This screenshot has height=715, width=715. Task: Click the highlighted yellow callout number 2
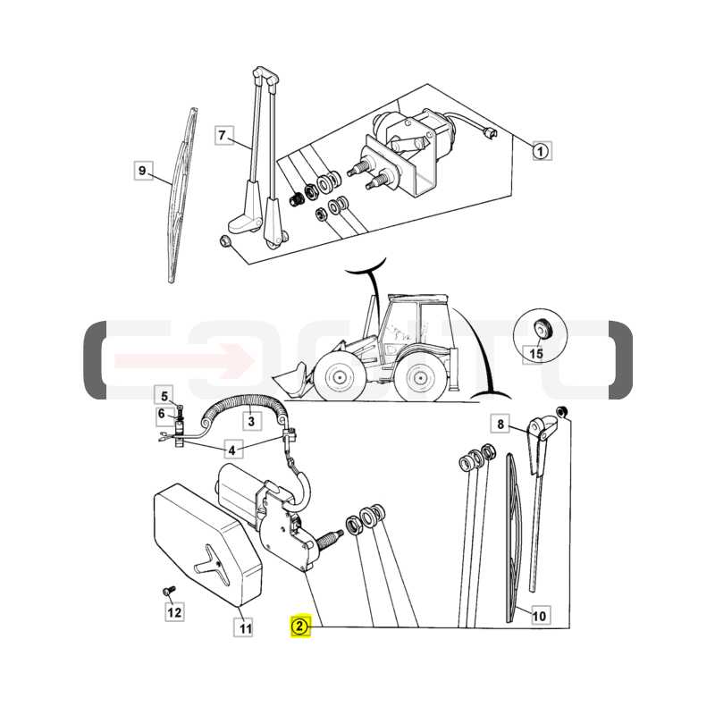coord(301,627)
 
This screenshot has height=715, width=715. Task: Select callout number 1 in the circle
coord(541,151)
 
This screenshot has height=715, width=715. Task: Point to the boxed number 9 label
coord(143,171)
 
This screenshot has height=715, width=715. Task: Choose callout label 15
coord(536,353)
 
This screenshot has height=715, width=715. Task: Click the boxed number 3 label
coord(251,421)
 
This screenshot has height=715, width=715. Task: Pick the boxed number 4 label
coord(232,450)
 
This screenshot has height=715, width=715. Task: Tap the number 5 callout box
coord(164,396)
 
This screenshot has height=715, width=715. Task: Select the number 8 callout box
coord(500,424)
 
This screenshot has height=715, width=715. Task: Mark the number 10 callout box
coord(539,616)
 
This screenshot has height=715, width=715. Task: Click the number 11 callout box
coord(245,629)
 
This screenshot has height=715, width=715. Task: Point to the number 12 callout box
coord(174,612)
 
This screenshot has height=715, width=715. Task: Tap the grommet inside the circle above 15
coord(543,328)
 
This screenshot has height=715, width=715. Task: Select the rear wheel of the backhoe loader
coord(419,377)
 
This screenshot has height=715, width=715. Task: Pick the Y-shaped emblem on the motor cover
coord(211,562)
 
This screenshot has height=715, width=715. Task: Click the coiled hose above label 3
coord(245,407)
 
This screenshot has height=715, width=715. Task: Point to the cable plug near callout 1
coord(490,132)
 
